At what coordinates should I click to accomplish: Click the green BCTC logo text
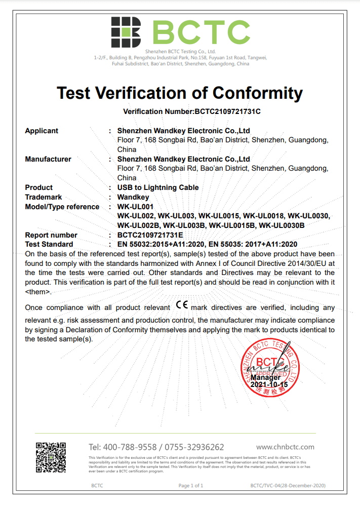(x=202, y=31)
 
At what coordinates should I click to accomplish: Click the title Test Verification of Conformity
(x=180, y=93)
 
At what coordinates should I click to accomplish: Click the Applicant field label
(x=42, y=131)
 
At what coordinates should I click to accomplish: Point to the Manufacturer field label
(x=48, y=159)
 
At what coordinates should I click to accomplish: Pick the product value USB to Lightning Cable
(x=158, y=187)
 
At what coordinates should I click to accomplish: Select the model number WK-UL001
(x=135, y=207)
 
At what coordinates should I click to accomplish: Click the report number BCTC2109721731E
(x=150, y=235)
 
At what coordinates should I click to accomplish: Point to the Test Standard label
(x=49, y=244)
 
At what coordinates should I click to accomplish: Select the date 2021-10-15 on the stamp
(x=269, y=385)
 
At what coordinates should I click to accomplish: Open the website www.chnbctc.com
(x=285, y=447)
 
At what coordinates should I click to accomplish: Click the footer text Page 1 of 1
(x=191, y=486)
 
